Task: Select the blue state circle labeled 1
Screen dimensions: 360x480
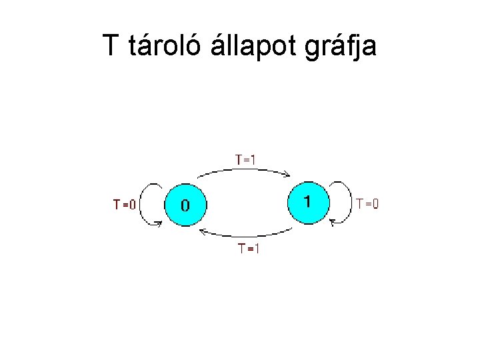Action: pyautogui.click(x=307, y=201)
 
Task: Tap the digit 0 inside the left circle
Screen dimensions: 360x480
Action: pyautogui.click(x=185, y=204)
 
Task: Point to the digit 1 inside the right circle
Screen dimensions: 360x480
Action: pyautogui.click(x=307, y=200)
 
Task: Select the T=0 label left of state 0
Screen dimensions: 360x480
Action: pyautogui.click(x=124, y=205)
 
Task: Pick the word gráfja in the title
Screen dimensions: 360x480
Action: pyautogui.click(x=342, y=46)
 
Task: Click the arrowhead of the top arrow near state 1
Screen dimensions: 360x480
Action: pyautogui.click(x=287, y=175)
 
